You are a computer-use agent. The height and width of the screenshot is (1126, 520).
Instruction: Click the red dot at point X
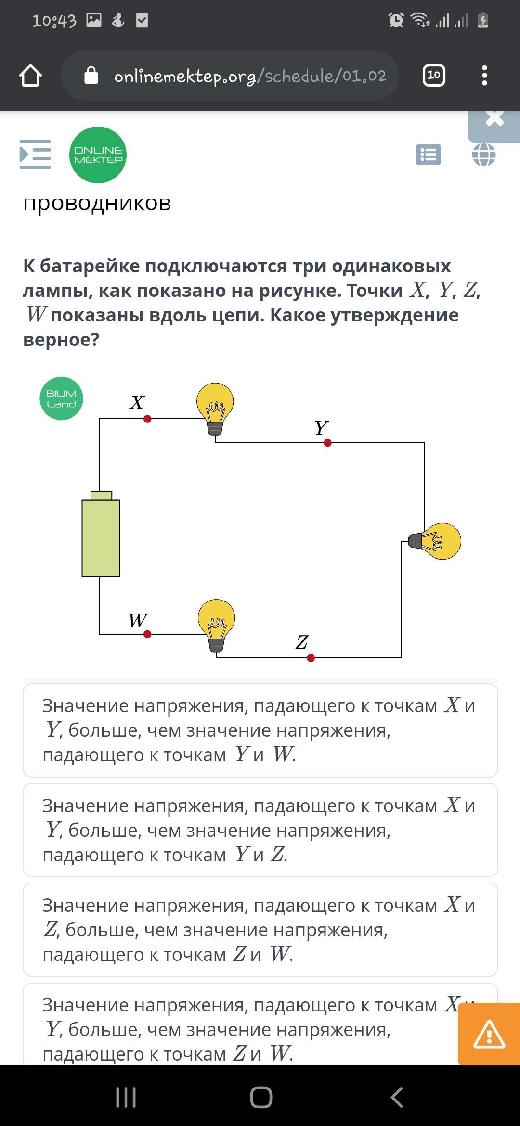click(x=147, y=419)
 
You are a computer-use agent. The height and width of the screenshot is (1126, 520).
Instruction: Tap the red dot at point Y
click(x=328, y=443)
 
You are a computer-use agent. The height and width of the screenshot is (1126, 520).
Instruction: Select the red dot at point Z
click(x=311, y=658)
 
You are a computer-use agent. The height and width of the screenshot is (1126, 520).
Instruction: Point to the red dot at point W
click(x=147, y=634)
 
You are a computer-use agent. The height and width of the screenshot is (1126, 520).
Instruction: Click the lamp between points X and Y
click(x=215, y=409)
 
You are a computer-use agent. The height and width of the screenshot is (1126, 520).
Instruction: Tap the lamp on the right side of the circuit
click(x=435, y=541)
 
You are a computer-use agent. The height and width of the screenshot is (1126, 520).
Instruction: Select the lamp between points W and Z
click(x=217, y=625)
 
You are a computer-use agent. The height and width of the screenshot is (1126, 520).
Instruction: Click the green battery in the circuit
click(x=101, y=534)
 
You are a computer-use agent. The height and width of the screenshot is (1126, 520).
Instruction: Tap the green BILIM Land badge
click(x=61, y=398)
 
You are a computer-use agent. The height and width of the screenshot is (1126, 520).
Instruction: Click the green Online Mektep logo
click(x=98, y=155)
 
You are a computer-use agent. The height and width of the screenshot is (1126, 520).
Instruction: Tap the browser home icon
click(x=30, y=76)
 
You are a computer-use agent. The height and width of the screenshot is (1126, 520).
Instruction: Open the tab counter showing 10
click(x=434, y=75)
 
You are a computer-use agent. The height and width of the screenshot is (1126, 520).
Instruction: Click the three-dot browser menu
click(x=484, y=76)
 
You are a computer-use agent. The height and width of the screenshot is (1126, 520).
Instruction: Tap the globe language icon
click(x=484, y=155)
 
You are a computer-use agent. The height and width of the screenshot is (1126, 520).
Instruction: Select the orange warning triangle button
click(x=489, y=1034)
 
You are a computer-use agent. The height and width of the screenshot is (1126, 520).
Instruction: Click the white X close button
click(x=495, y=118)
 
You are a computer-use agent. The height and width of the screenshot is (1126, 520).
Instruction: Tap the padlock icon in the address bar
click(x=91, y=76)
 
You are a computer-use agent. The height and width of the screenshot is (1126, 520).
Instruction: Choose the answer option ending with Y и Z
click(x=260, y=830)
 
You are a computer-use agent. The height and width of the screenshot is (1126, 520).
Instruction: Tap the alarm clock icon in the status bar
click(x=396, y=20)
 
